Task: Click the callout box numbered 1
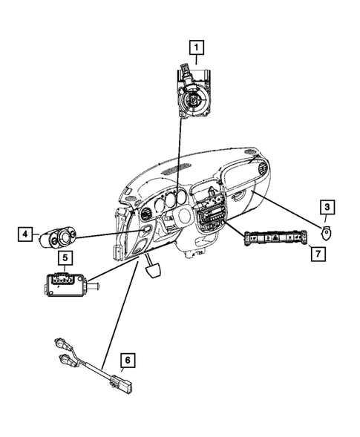point(197,49)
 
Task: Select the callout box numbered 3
point(327,208)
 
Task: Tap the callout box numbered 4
point(24,235)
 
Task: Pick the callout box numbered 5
point(65,258)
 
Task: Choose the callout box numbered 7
point(315,253)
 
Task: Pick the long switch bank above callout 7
point(275,238)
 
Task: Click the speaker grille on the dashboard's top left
point(132,201)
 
